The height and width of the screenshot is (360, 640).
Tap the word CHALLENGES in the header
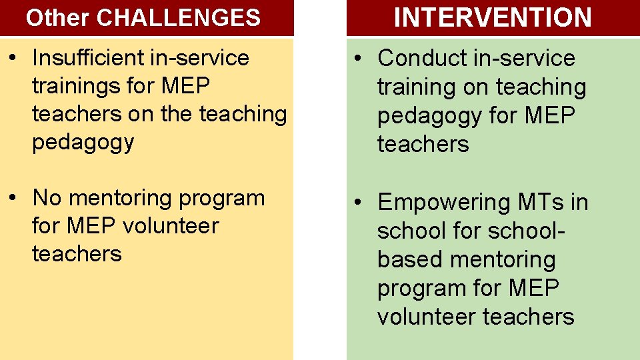point(178,18)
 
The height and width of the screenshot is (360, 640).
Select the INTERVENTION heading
point(493,17)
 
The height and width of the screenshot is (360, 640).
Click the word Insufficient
point(90,58)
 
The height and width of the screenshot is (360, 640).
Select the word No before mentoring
point(47,198)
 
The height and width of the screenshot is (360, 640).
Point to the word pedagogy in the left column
point(83,143)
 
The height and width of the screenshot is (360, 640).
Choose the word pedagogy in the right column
point(428,116)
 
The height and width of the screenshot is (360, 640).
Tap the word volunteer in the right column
point(427,317)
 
